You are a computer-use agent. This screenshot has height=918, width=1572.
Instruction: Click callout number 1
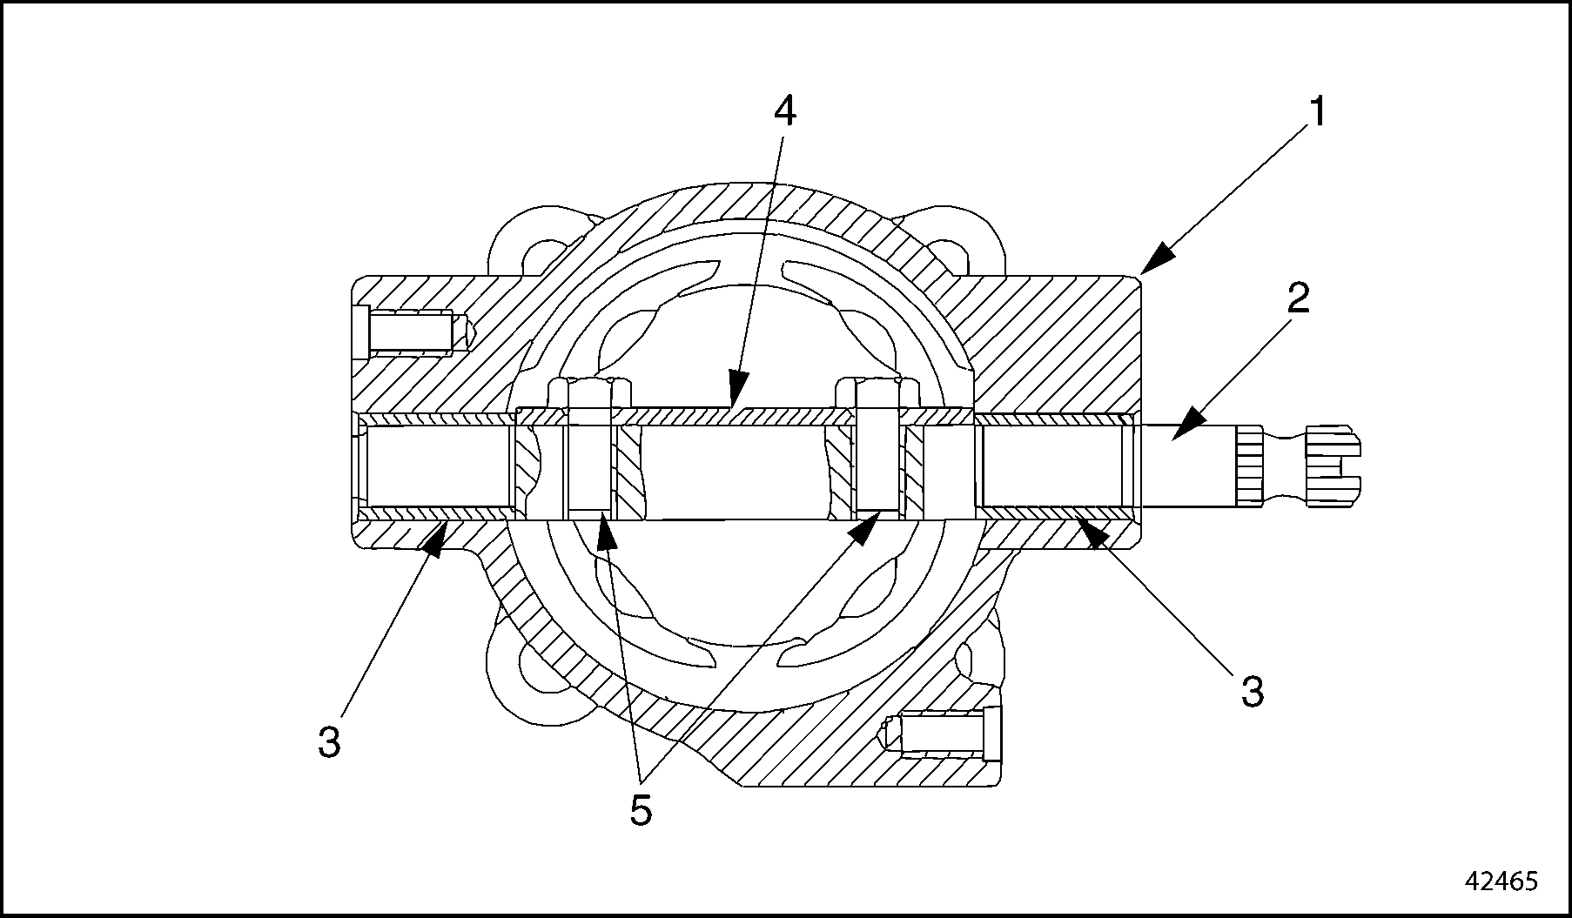click(1317, 113)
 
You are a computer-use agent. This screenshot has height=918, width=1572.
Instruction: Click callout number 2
click(1297, 300)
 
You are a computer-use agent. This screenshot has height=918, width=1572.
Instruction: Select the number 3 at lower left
click(329, 742)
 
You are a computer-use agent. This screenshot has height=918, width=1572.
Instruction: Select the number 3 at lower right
click(1252, 693)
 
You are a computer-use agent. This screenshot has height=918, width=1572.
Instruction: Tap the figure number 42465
click(1501, 881)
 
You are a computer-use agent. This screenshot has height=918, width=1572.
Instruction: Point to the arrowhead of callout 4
click(737, 391)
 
